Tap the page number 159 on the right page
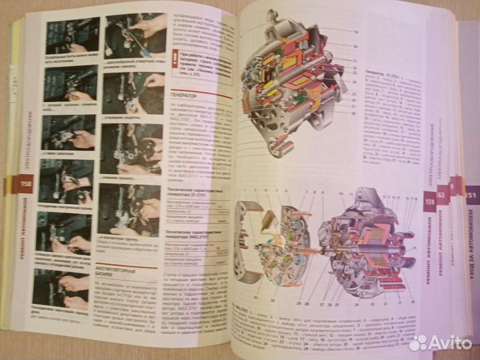pyautogui.click(x=429, y=198)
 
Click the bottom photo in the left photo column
pyautogui.click(x=69, y=289)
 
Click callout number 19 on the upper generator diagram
pyautogui.click(x=355, y=32)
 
